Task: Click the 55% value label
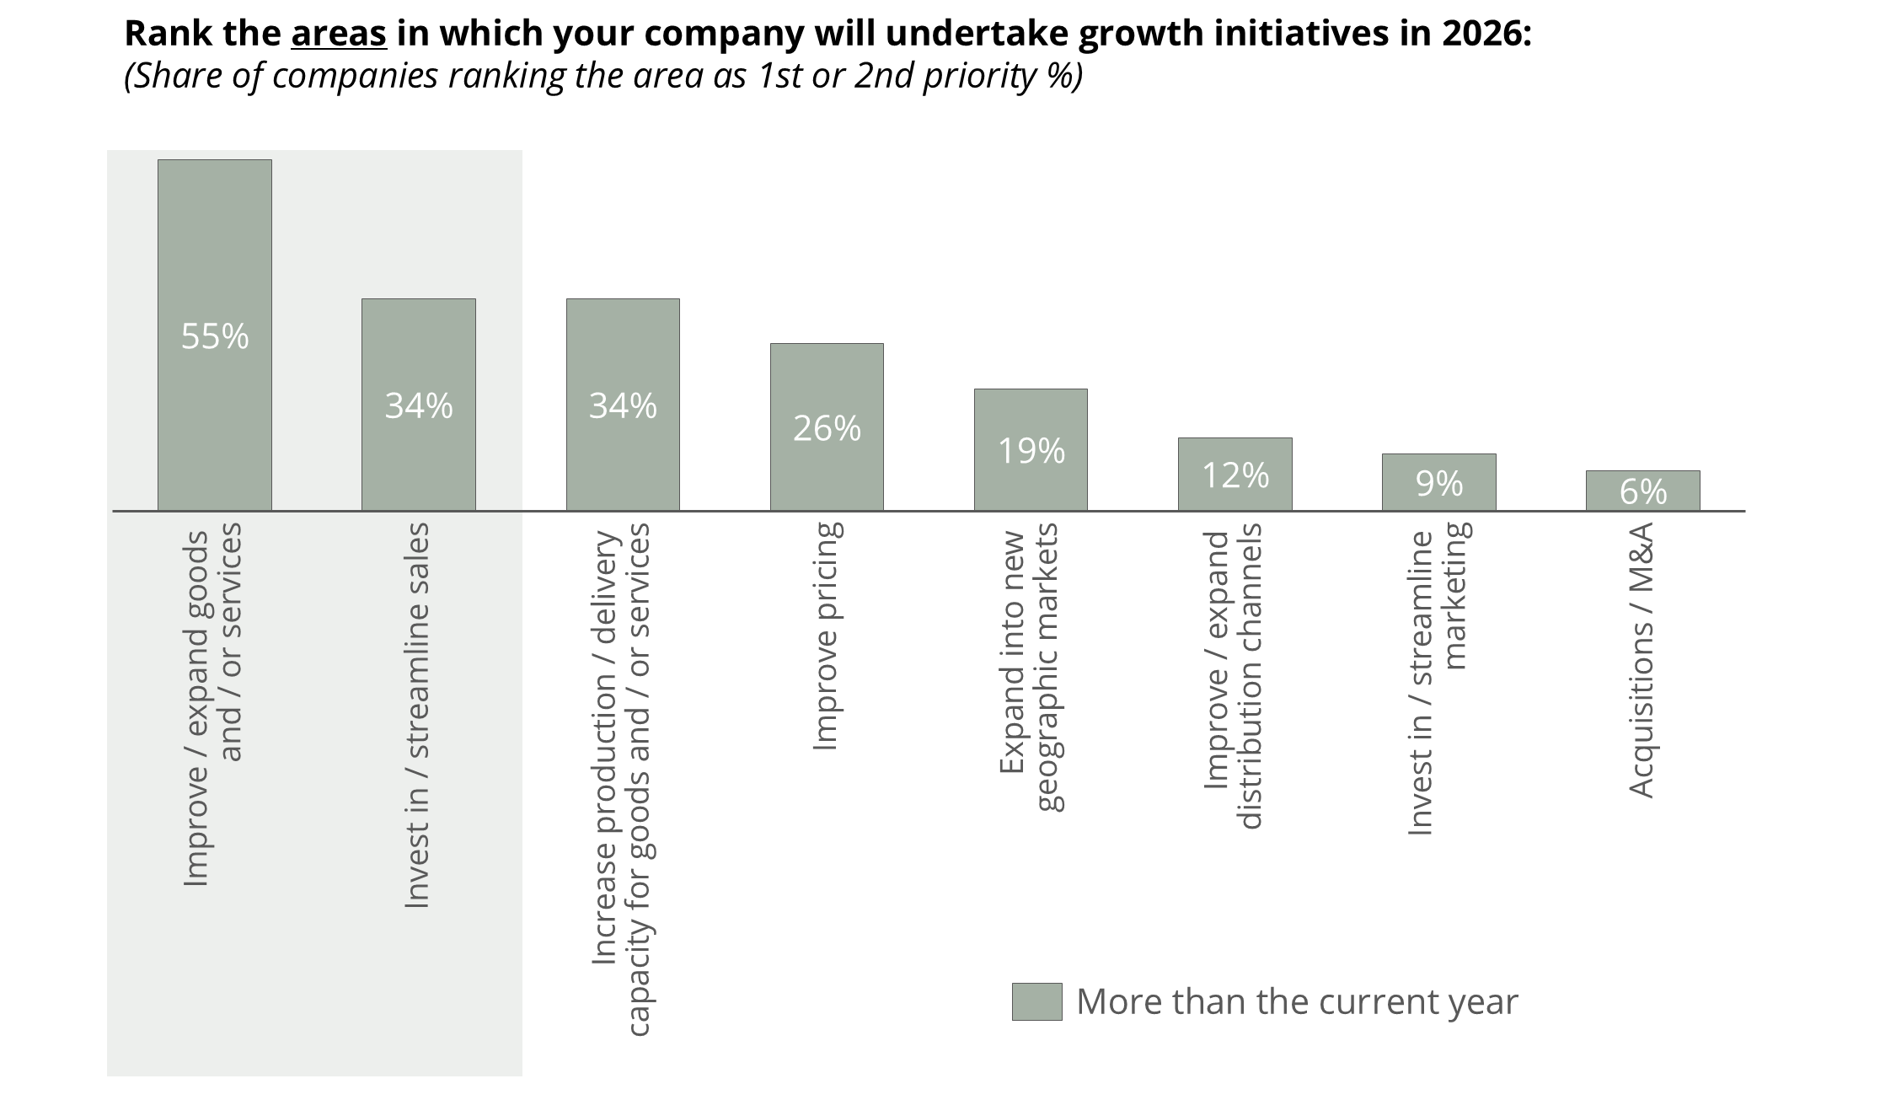(215, 336)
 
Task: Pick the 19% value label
(1031, 452)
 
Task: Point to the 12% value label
(1235, 476)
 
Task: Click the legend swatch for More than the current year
(1036, 1001)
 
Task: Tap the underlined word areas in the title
(339, 34)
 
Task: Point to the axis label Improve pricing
(827, 636)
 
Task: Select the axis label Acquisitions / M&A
(1642, 660)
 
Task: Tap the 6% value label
(1643, 492)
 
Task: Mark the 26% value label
(827, 429)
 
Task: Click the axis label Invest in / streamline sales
(418, 716)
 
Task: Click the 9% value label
(1439, 484)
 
